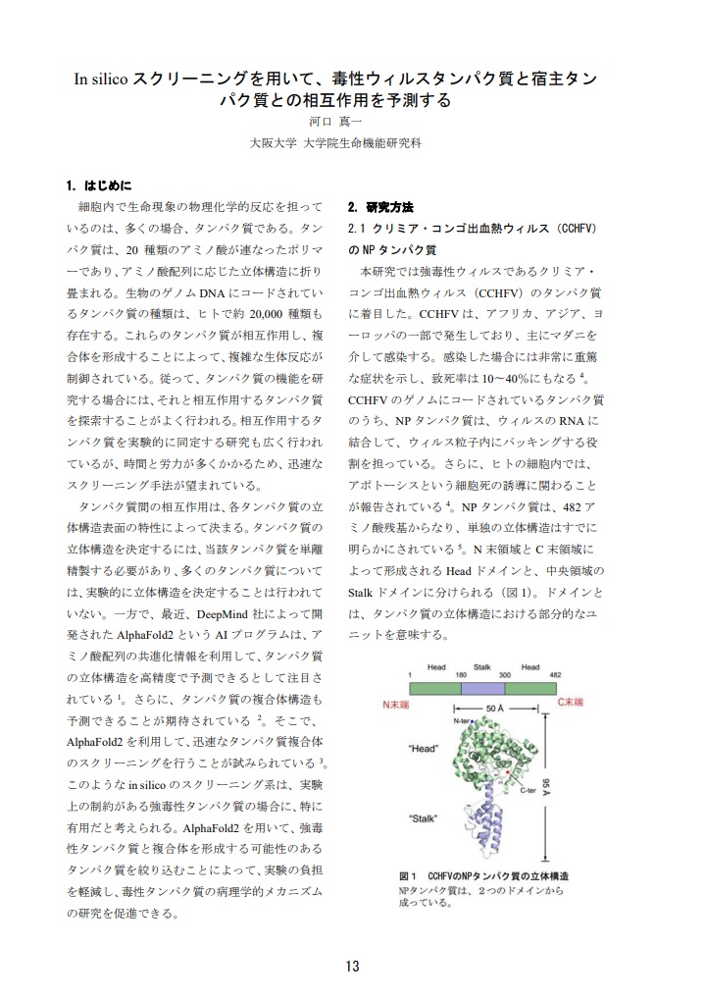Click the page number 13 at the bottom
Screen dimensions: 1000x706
click(352, 966)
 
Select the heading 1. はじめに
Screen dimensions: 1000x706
click(99, 184)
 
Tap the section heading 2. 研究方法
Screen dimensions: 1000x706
click(380, 208)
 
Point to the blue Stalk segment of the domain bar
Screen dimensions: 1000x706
click(482, 689)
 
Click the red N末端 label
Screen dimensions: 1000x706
click(396, 704)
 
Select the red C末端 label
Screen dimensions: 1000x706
click(570, 703)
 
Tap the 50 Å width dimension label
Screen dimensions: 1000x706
click(496, 707)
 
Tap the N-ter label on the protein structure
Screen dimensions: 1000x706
click(463, 721)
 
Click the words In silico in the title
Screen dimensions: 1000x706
click(102, 79)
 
